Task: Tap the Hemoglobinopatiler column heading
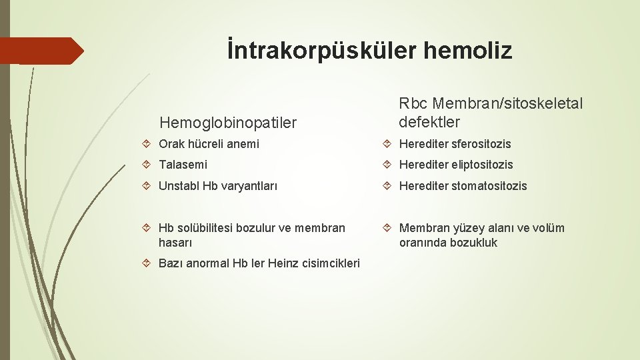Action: [x=227, y=123]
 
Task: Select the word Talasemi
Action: [x=183, y=165]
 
